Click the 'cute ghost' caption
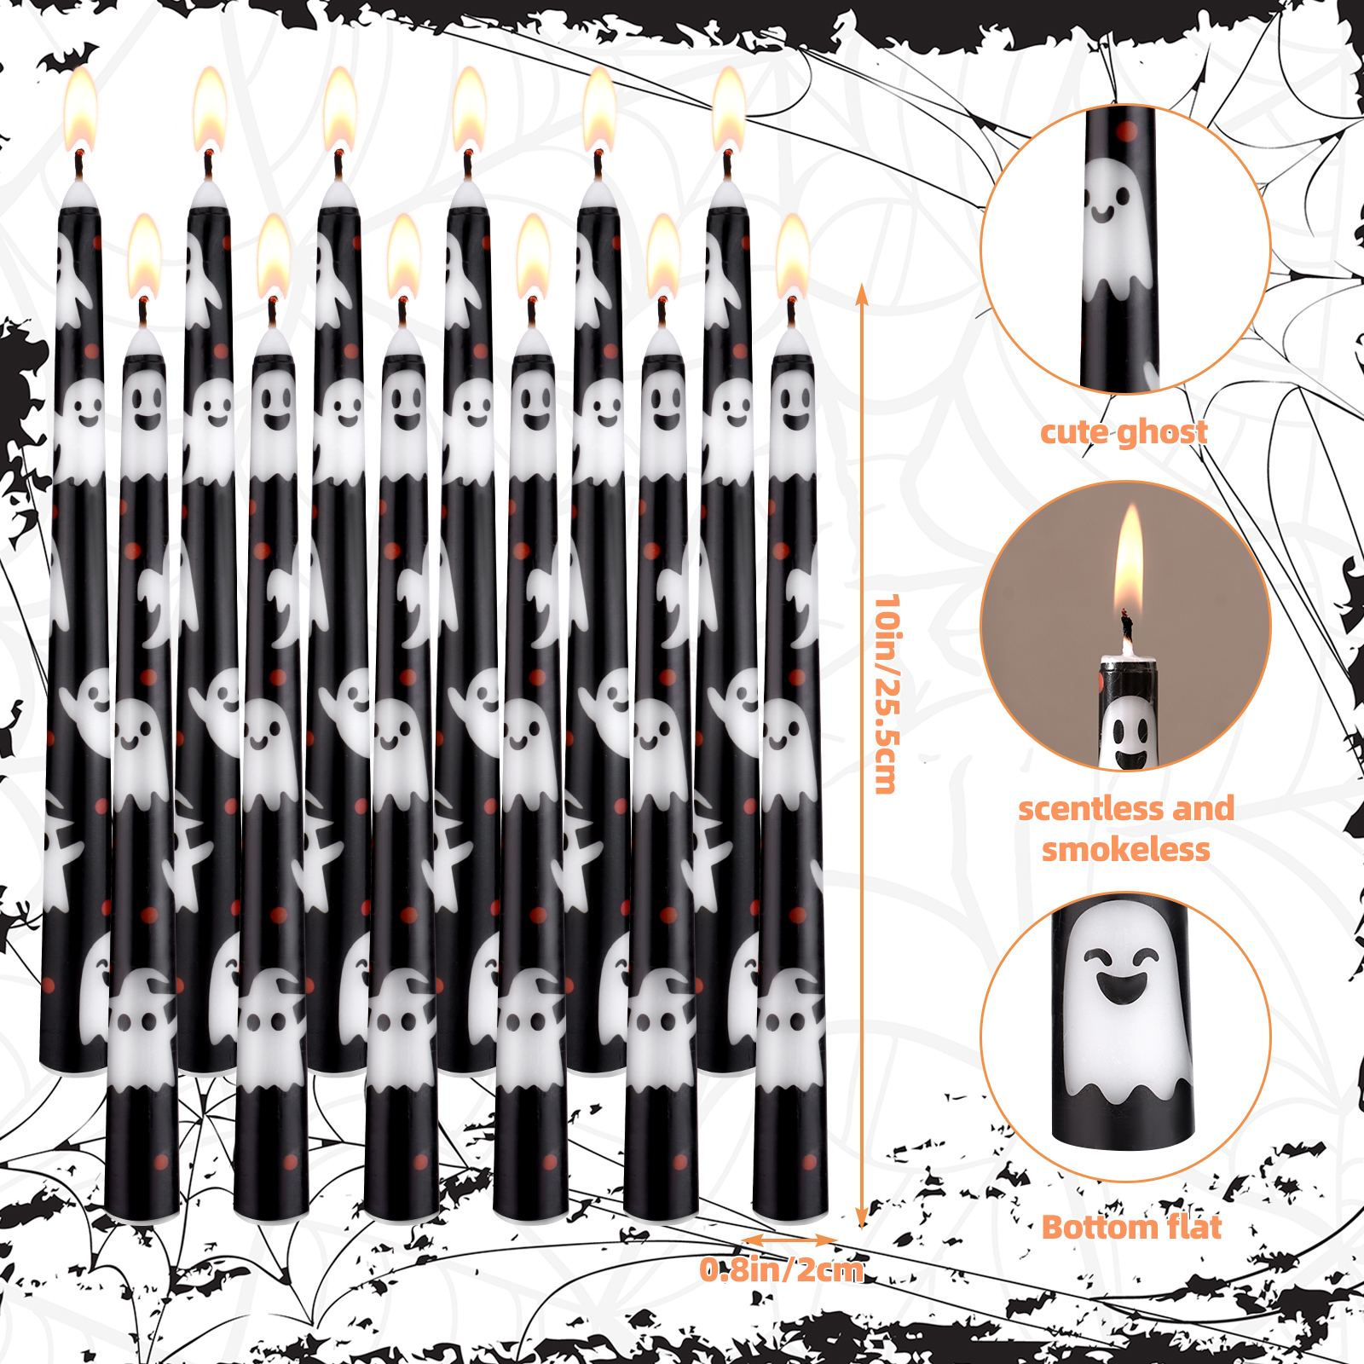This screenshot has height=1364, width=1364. click(x=1124, y=432)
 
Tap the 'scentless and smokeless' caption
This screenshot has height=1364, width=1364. click(x=1126, y=829)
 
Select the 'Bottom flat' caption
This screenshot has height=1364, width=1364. click(x=1131, y=1228)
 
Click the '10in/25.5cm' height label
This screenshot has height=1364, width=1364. click(x=887, y=694)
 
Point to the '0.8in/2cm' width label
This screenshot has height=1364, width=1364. click(x=782, y=1270)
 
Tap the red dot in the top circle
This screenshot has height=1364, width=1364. click(x=1126, y=131)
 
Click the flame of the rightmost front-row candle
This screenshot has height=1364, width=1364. click(x=792, y=256)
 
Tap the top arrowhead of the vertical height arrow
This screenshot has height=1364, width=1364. click(x=862, y=294)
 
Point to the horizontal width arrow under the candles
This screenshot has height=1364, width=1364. click(x=789, y=1240)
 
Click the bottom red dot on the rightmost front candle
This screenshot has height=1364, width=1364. click(x=809, y=1161)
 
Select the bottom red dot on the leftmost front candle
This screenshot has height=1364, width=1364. click(x=160, y=1161)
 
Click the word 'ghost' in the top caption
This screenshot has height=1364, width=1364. click(x=1164, y=433)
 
